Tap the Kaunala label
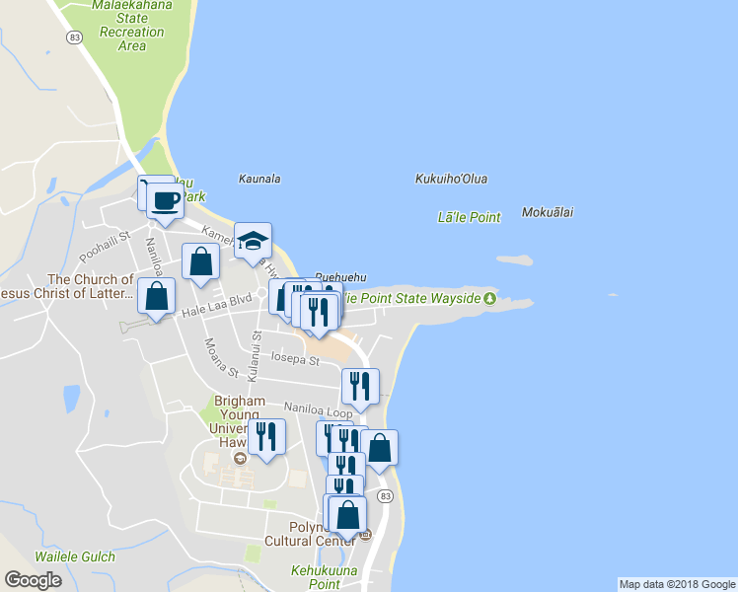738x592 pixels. point(259,179)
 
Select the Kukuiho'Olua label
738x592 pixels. point(452,179)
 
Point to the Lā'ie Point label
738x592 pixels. point(469,217)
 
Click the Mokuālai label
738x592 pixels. point(548,212)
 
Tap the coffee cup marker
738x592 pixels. point(165,200)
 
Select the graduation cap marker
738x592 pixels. point(253,240)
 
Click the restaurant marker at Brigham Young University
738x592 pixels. point(266,436)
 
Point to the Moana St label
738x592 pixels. point(221,358)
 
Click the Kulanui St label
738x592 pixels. point(255,356)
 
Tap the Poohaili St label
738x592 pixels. point(106,246)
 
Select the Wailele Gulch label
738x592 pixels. point(75,557)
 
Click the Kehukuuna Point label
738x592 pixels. point(316,577)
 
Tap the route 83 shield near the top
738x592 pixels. point(74,37)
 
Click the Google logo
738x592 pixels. point(33,579)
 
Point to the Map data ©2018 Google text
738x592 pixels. point(677,584)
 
